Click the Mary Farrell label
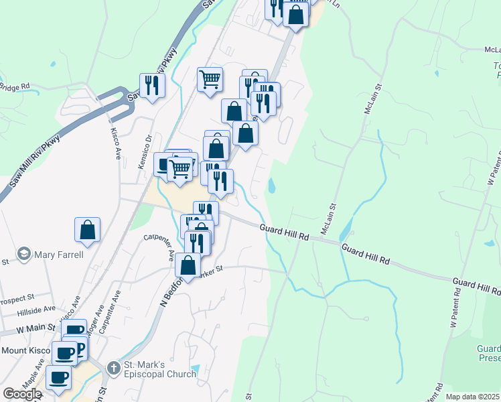(60, 255)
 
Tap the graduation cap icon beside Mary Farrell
(25, 255)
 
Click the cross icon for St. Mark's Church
(113, 368)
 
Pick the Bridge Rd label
(15, 86)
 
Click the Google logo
(22, 394)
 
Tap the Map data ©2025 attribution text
(473, 397)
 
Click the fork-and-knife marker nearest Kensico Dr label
(151, 85)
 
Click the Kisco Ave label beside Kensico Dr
(116, 143)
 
